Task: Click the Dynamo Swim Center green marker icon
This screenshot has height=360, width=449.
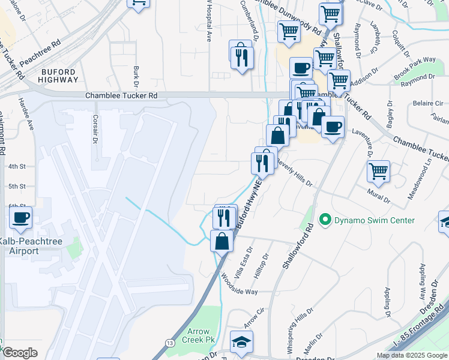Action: pyautogui.click(x=326, y=220)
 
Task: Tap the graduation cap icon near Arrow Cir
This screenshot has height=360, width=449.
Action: pyautogui.click(x=241, y=342)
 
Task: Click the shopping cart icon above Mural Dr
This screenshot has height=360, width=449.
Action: pyautogui.click(x=378, y=172)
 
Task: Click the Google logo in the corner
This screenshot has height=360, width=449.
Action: pyautogui.click(x=20, y=352)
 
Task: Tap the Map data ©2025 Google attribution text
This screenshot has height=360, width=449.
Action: pyautogui.click(x=412, y=355)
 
